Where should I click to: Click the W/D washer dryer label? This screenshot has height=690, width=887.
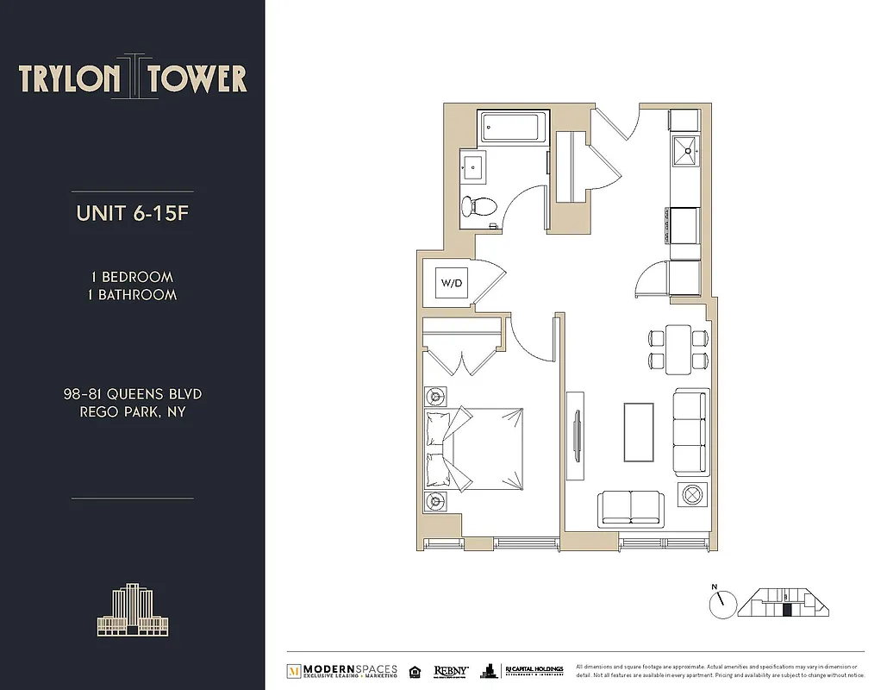[451, 282]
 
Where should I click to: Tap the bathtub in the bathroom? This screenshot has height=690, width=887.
[514, 129]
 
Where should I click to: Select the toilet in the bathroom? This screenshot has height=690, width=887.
[478, 206]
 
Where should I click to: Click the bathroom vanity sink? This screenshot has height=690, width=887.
[472, 166]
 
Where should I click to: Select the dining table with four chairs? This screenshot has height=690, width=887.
[678, 348]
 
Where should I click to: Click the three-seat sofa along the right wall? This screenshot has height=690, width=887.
[690, 431]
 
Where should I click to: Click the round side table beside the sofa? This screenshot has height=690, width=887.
[693, 496]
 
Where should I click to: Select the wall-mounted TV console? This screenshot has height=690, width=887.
[575, 432]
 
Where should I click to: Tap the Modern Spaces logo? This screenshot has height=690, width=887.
[342, 670]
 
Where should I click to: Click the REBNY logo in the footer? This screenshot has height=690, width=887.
[451, 670]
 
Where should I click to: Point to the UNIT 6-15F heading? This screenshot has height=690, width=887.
[132, 214]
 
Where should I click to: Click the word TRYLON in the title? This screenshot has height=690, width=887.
[70, 78]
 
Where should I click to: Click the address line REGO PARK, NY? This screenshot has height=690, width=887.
[132, 411]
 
